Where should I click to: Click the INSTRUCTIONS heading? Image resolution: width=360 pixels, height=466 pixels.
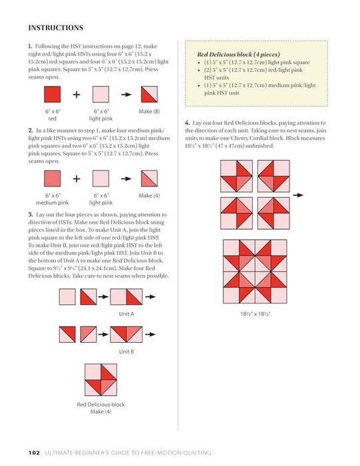pos(55,28)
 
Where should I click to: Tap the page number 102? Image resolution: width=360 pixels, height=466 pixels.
pos(34,453)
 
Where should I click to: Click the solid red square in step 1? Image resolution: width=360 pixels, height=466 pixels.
pos(53,95)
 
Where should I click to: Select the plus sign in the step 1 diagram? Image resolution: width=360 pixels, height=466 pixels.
pos(77,95)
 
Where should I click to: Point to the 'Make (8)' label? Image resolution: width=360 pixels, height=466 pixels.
pos(149,111)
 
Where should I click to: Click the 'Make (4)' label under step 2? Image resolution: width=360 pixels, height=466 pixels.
pos(149,196)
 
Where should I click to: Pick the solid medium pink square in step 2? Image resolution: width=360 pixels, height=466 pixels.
pos(53,178)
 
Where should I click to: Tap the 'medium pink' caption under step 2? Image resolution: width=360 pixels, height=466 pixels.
pos(53,202)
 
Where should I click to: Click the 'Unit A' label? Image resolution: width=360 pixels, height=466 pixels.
pos(126,314)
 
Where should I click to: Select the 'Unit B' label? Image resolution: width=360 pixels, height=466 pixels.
pos(126,351)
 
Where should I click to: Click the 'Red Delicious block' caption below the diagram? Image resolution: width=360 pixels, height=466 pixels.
pos(100,405)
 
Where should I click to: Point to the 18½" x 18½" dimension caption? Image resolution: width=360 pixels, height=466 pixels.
pos(256,314)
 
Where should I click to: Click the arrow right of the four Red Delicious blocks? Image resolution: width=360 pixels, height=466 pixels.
pos(298,195)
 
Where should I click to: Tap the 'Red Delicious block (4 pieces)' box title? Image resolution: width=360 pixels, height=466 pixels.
pos(238,55)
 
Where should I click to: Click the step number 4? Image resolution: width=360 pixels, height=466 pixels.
pos(187,122)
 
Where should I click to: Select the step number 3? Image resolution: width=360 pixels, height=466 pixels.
pos(31,214)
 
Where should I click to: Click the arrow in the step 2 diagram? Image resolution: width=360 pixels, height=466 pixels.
pos(126,178)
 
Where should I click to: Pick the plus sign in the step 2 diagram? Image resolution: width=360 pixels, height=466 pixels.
pos(77,178)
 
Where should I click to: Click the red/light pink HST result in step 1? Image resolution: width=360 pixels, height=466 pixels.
pos(149,95)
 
